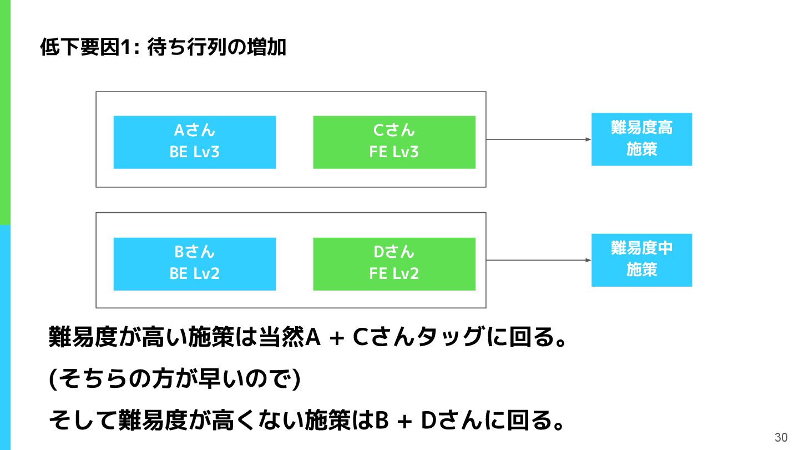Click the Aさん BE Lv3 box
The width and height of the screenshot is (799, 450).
coord(194,142)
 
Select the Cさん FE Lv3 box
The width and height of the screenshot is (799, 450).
coord(394,142)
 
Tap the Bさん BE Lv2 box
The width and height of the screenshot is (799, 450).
coord(194,264)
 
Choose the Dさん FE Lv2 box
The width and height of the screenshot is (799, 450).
coord(394,264)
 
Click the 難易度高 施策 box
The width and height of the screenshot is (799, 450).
coord(641,139)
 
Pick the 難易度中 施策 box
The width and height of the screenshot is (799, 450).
coord(641,260)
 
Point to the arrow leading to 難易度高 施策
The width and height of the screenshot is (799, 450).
coord(539,139)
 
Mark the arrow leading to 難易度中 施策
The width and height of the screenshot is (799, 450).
coord(539,260)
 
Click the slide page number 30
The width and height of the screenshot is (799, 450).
coord(781,437)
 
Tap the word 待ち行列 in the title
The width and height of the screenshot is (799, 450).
coord(187,47)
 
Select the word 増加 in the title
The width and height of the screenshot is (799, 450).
coord(266,47)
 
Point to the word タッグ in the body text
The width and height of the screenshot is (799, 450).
coord(450,337)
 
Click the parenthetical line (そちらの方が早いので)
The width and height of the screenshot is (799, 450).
coord(174,378)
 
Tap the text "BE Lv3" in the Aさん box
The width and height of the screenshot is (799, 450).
coord(194,152)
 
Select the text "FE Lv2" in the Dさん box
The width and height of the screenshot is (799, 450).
coord(394,273)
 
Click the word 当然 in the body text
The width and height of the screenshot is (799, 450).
coord(281,337)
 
